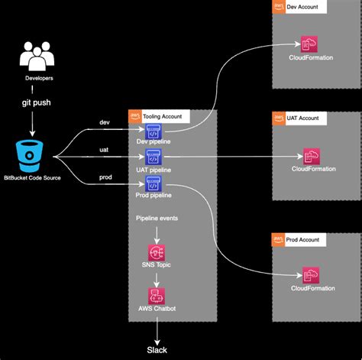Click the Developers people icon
coord(36,59)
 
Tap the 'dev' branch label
coord(105,123)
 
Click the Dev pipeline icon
coord(154,131)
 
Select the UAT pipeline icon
coord(154,157)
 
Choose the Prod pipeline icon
coord(154,184)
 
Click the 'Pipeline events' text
coord(157,219)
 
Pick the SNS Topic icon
coord(157,251)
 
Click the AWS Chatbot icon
coord(157,294)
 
